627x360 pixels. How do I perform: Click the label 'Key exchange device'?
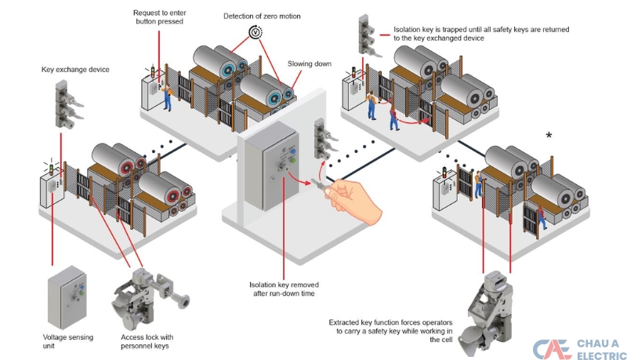pyautogui.click(x=75, y=70)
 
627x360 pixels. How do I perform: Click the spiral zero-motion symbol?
pyautogui.click(x=255, y=32)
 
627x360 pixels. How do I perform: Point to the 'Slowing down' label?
pyautogui.click(x=306, y=64)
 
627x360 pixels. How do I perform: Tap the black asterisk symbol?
pyautogui.click(x=549, y=136)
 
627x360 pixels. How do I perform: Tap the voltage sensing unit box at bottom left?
pyautogui.click(x=66, y=297)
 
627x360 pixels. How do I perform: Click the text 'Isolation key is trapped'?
pyautogui.click(x=481, y=34)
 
